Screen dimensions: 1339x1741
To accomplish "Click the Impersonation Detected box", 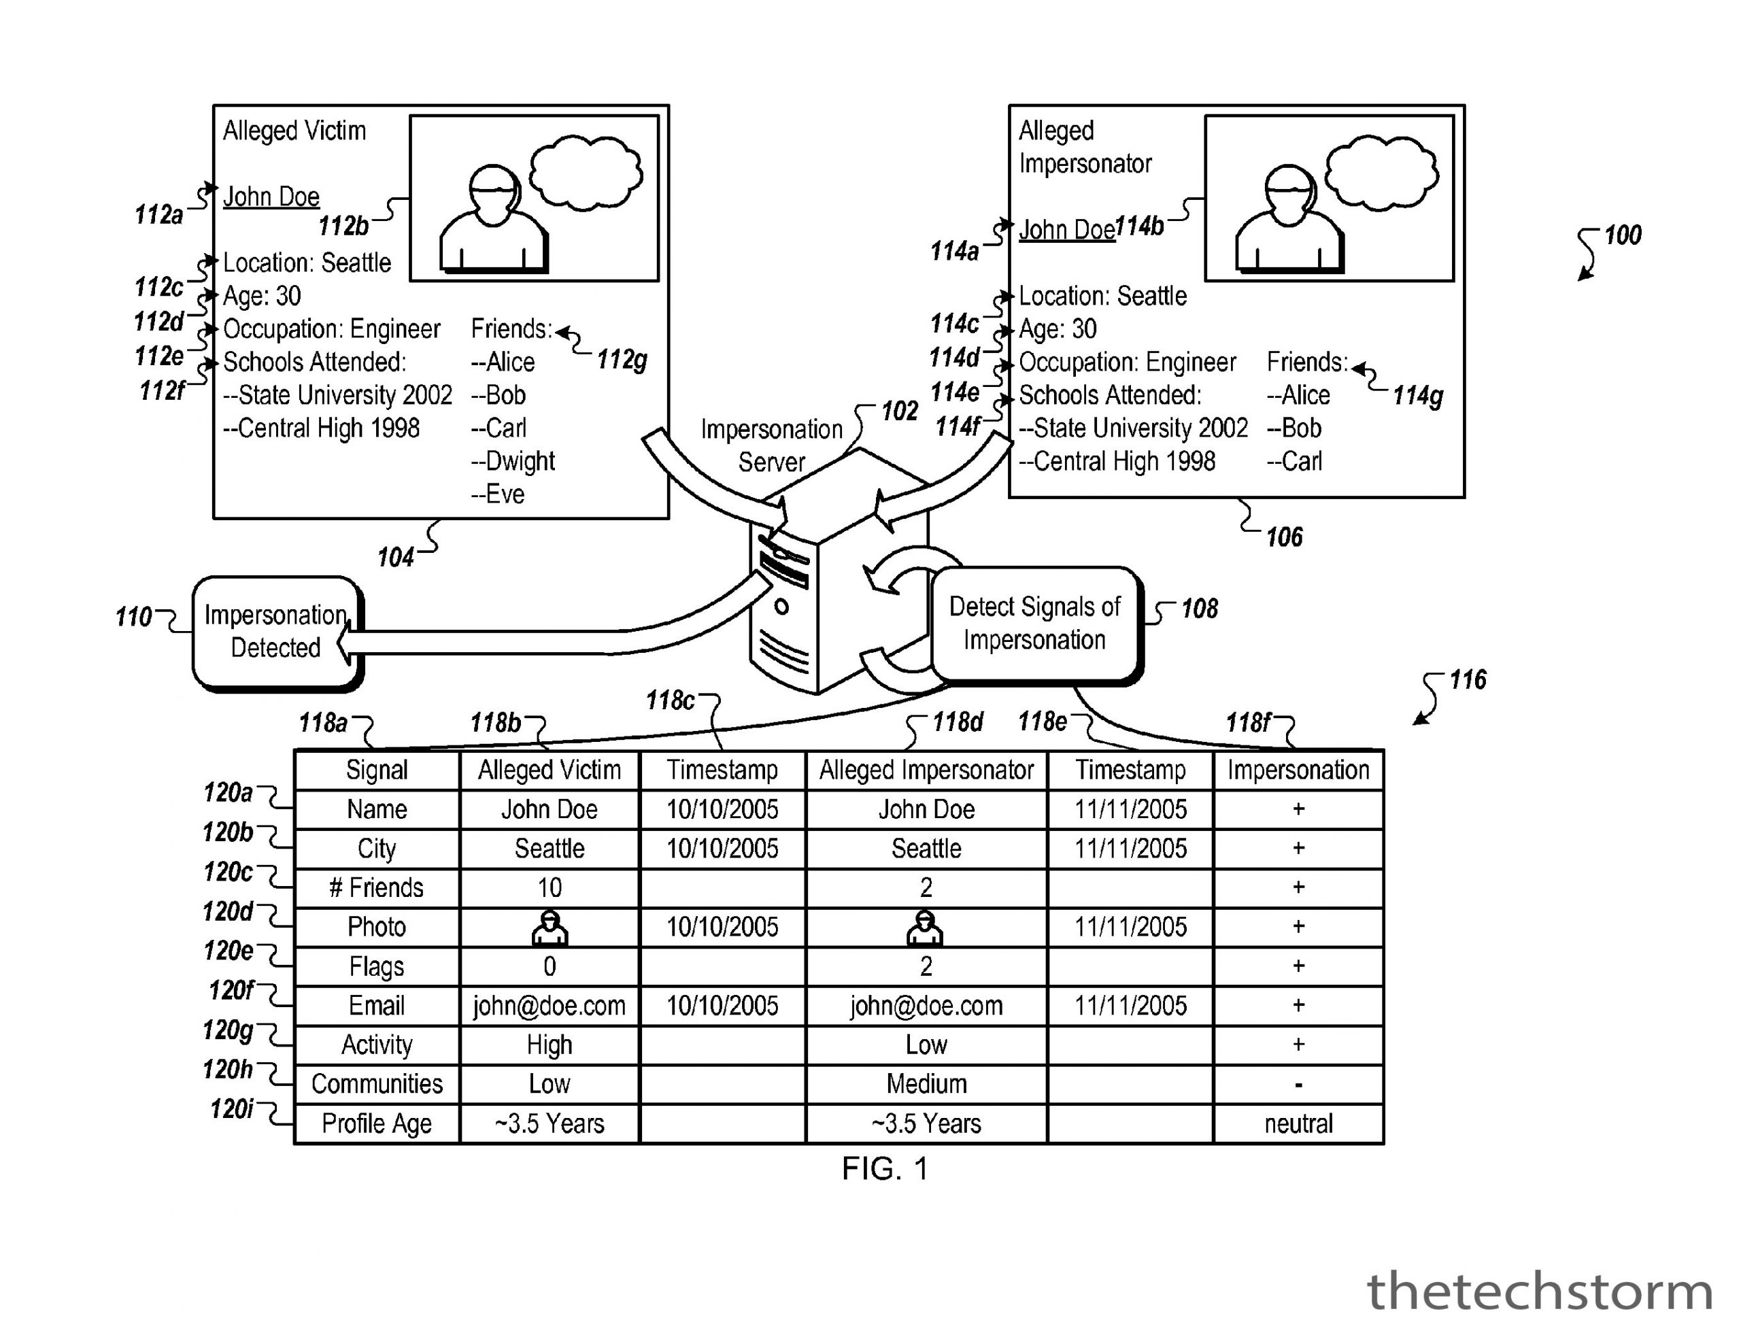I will tap(276, 632).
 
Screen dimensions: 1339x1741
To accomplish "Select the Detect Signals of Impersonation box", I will tap(1034, 624).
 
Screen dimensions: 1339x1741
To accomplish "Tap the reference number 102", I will tap(899, 411).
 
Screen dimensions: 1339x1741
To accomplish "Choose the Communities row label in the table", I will tap(376, 1084).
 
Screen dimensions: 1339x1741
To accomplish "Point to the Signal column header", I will tap(376, 770).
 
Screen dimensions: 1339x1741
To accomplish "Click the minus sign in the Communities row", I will tap(1298, 1085).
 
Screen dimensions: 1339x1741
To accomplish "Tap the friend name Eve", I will tap(499, 494).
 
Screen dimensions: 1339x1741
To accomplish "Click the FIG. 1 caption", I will tap(885, 1169).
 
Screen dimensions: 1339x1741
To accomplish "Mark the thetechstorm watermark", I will tap(1539, 1292).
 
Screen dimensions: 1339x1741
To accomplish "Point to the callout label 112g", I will tap(622, 360).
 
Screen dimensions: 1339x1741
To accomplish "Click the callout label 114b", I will tap(1140, 227).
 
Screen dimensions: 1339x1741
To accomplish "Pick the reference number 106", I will tap(1283, 537).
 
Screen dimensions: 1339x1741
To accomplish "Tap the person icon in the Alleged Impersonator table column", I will tap(925, 928).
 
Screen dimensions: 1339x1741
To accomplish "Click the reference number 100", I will tap(1622, 235).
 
